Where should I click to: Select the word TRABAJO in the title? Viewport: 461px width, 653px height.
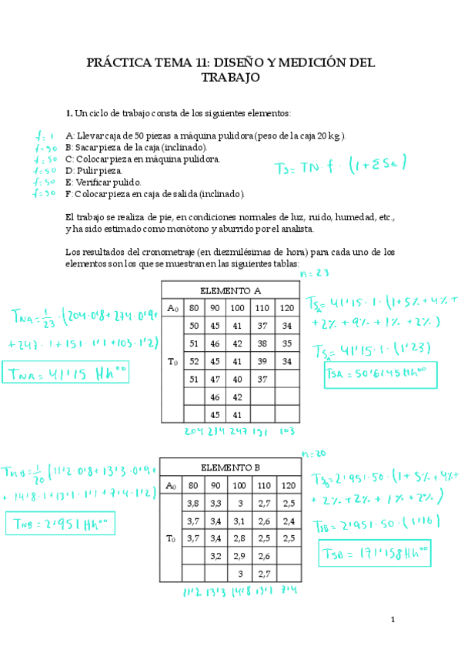coord(230,78)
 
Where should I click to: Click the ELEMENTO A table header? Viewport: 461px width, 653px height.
coord(230,291)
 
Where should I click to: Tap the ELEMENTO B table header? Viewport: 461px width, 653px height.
coord(229,467)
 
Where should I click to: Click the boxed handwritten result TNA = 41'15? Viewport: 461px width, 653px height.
coord(66,375)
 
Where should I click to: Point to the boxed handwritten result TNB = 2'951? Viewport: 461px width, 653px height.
coord(59,524)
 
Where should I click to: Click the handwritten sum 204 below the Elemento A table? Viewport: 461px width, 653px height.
coord(193,432)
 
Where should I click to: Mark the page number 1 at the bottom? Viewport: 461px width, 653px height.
coord(392,620)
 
